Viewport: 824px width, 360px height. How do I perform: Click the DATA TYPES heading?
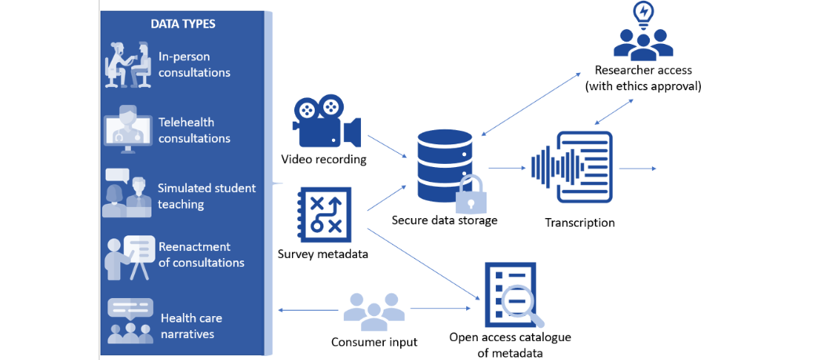(182, 24)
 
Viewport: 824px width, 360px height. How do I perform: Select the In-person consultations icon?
(127, 64)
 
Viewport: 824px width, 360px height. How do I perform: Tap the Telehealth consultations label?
(194, 130)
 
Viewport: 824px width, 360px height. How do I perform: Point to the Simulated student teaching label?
(206, 196)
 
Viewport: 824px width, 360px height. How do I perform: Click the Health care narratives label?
(191, 325)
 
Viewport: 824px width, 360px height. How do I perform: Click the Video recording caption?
(323, 159)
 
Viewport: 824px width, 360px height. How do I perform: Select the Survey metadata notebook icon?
(325, 214)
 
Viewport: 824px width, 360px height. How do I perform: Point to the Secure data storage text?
(444, 220)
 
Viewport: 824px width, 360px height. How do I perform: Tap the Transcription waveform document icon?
(573, 167)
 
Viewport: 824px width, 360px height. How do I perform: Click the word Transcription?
(579, 223)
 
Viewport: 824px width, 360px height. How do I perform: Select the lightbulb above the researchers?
(643, 14)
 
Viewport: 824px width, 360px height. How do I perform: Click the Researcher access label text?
(643, 78)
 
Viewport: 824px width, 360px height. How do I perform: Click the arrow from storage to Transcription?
(506, 167)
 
